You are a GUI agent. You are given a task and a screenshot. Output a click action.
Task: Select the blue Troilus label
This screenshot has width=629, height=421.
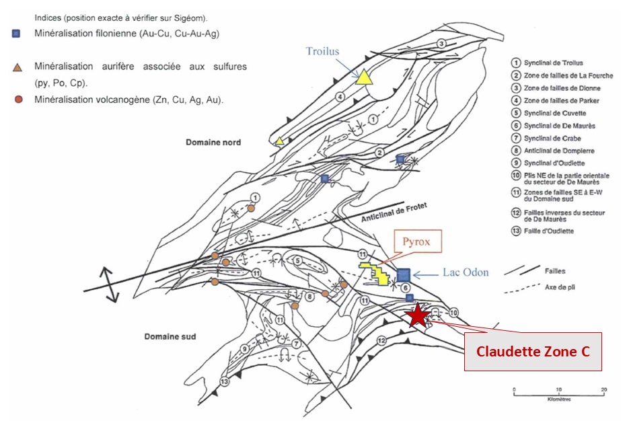tap(323, 51)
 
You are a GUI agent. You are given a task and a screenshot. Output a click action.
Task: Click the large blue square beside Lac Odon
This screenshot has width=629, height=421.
tap(404, 275)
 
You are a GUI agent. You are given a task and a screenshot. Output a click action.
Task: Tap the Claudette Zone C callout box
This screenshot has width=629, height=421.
tap(533, 351)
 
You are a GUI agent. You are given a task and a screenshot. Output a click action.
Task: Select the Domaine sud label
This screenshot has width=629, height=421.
tap(170, 336)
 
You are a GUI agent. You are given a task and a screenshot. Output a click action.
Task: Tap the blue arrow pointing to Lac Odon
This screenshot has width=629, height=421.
tap(426, 274)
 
